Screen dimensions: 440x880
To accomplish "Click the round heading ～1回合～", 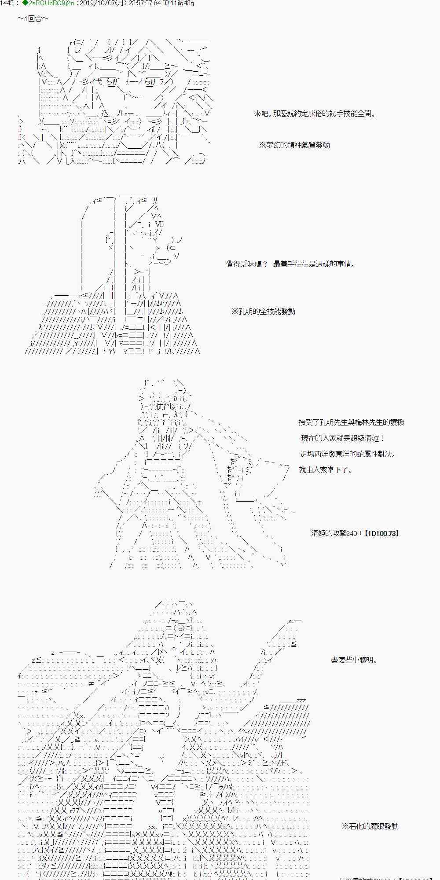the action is pyautogui.click(x=33, y=19).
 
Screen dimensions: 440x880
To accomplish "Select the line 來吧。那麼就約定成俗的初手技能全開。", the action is pyautogui.click(x=315, y=114).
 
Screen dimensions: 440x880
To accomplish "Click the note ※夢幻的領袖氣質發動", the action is pyautogui.click(x=294, y=145).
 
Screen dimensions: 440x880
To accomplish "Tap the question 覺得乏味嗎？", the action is pyautogui.click(x=246, y=264).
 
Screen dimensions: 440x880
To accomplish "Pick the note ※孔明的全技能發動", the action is pyautogui.click(x=263, y=312).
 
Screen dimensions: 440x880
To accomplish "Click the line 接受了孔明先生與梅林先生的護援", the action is pyautogui.click(x=351, y=422).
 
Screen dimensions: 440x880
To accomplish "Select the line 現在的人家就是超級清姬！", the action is pyautogui.click(x=343, y=438).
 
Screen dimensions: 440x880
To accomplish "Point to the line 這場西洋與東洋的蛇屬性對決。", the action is pyautogui.click(x=348, y=454).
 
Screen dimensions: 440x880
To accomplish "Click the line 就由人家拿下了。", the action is pyautogui.click(x=326, y=470).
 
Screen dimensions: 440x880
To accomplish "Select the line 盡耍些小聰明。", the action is pyautogui.click(x=354, y=660).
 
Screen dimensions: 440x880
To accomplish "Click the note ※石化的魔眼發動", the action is pyautogui.click(x=370, y=826).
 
